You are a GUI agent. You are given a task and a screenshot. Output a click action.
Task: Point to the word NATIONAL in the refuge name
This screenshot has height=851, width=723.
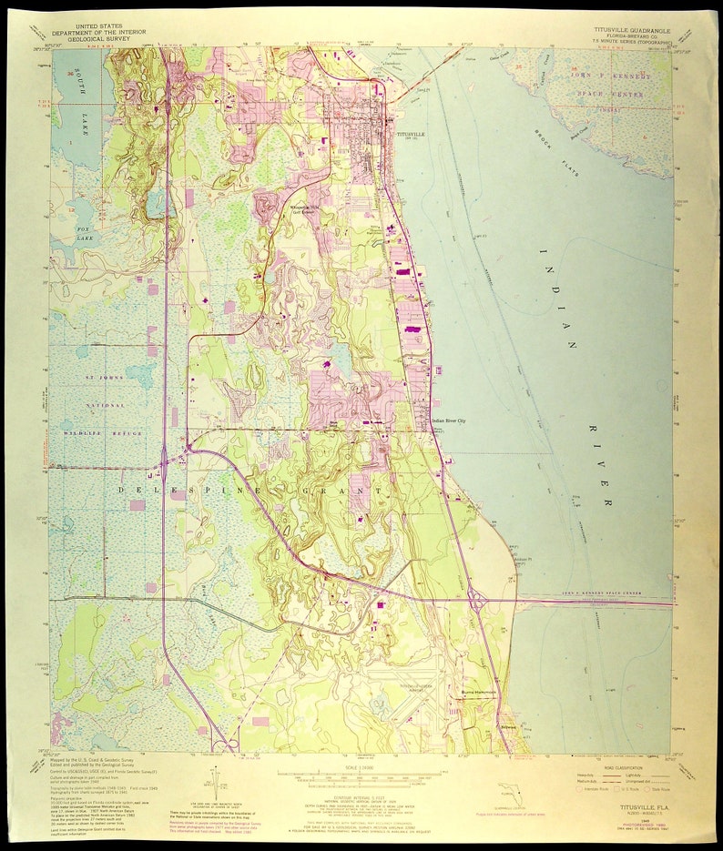(104, 404)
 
